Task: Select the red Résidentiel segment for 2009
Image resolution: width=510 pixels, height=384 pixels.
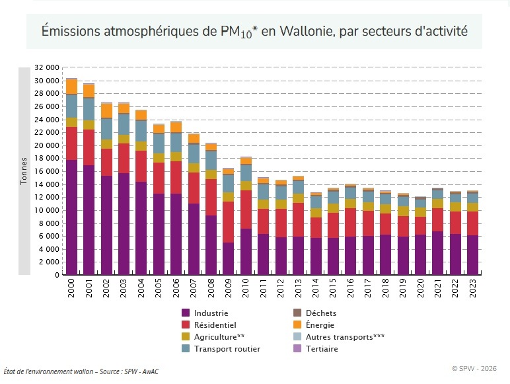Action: click(x=228, y=222)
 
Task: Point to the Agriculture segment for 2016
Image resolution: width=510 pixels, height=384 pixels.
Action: click(x=350, y=204)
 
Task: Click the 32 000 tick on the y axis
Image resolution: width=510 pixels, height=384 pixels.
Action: click(x=47, y=67)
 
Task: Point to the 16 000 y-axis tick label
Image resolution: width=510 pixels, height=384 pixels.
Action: click(x=47, y=171)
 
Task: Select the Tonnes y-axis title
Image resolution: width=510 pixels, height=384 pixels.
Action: click(x=24, y=171)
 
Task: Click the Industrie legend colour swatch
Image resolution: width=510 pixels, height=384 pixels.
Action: click(x=186, y=313)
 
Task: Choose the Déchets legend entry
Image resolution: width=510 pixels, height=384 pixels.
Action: click(x=320, y=313)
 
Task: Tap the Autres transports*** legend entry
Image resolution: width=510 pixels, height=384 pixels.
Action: click(x=344, y=336)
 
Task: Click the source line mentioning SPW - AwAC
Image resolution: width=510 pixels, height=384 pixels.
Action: click(x=81, y=371)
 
